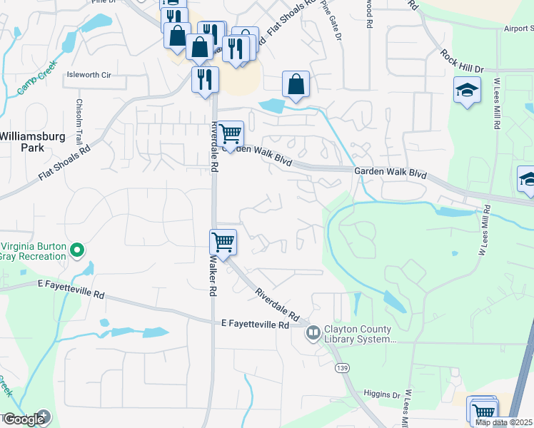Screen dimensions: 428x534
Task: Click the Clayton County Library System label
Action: pyautogui.click(x=359, y=334)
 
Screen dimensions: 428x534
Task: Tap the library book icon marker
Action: pyautogui.click(x=313, y=333)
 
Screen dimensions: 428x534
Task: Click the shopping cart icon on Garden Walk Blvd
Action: pyautogui.click(x=231, y=133)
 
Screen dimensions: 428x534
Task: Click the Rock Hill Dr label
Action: pyautogui.click(x=462, y=61)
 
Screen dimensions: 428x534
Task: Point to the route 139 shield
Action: pyautogui.click(x=343, y=367)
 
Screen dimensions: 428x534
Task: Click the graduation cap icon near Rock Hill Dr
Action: pyautogui.click(x=466, y=91)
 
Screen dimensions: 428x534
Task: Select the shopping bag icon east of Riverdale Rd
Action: pyautogui.click(x=296, y=84)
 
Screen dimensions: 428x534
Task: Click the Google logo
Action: pyautogui.click(x=24, y=419)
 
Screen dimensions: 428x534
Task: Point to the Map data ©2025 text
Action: pyautogui.click(x=504, y=422)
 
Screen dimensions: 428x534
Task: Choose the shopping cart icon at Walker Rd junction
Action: pyautogui.click(x=223, y=243)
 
